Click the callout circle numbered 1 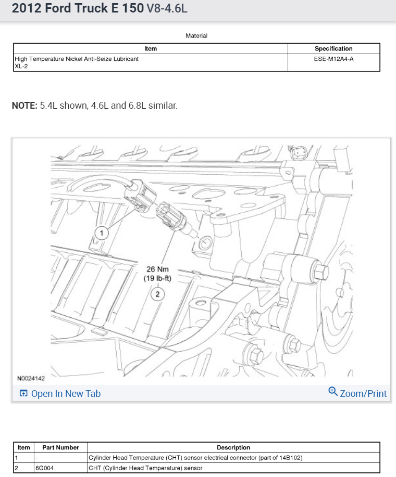(101, 233)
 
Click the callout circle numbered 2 (157, 294)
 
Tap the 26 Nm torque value (157, 269)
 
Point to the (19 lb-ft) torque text (157, 279)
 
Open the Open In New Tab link (66, 394)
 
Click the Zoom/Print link (363, 394)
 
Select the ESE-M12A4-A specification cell (333, 59)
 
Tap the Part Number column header (60, 447)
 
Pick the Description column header (233, 447)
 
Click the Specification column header (333, 49)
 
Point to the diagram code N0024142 (31, 379)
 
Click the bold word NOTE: (24, 106)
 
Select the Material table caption (196, 36)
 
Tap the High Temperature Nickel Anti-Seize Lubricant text (77, 59)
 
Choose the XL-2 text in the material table (21, 66)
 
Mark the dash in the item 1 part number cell (36, 458)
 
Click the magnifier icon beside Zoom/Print (333, 392)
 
